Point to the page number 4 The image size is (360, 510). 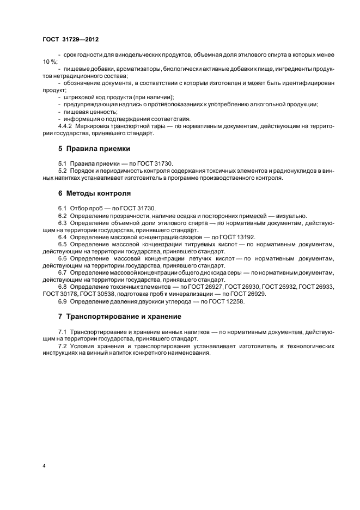44,466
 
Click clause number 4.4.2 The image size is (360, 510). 66,125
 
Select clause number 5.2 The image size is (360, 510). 63,171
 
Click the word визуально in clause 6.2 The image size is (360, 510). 291,216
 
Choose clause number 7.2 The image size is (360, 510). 63,345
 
